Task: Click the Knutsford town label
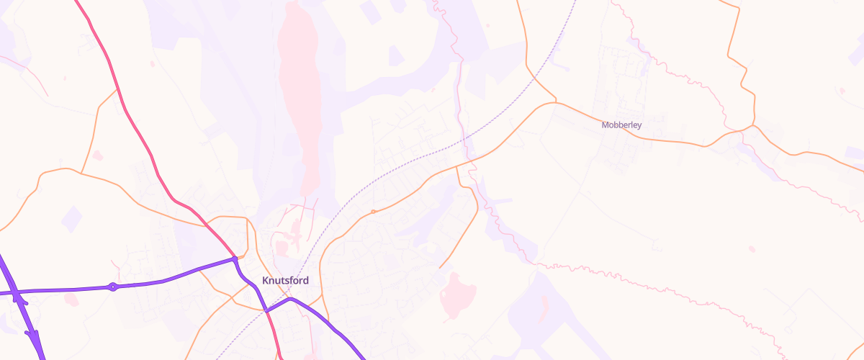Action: (285, 280)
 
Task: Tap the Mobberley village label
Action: (621, 125)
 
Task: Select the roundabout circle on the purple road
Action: (112, 287)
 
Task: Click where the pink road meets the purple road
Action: (235, 258)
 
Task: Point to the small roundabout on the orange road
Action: (372, 212)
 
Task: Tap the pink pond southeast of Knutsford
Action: (459, 295)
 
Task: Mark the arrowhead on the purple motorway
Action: (33, 337)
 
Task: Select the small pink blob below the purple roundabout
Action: (71, 299)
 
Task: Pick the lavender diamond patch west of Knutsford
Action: (71, 218)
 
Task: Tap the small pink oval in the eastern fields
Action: (752, 249)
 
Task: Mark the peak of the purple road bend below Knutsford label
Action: (292, 298)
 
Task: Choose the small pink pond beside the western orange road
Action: (97, 156)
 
